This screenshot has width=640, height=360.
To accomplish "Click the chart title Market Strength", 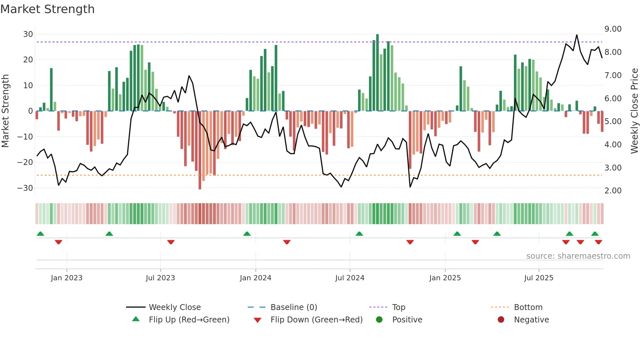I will pos(47,9).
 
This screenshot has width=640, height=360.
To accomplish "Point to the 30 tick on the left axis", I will pos(28,34).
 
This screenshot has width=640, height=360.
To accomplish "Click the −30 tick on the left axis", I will pos(25,188).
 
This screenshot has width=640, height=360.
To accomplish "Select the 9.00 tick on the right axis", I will pos(613,29).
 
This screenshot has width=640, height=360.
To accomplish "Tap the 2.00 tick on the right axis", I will pos(613,191).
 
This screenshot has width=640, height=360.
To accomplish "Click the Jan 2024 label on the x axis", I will pos(255,278).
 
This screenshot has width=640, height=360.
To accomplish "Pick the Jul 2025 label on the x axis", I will pos(539,278).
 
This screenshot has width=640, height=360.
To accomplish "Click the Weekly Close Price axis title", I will pos(634,111).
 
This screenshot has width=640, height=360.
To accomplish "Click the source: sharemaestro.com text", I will pos(578,256).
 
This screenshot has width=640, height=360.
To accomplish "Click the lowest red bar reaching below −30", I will pos(200,150).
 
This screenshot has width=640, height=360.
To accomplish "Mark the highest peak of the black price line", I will pos(577,35).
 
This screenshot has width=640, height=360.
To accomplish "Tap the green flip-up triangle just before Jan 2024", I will pos(247,234).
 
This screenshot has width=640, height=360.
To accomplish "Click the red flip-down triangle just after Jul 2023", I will pos(171,242).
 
